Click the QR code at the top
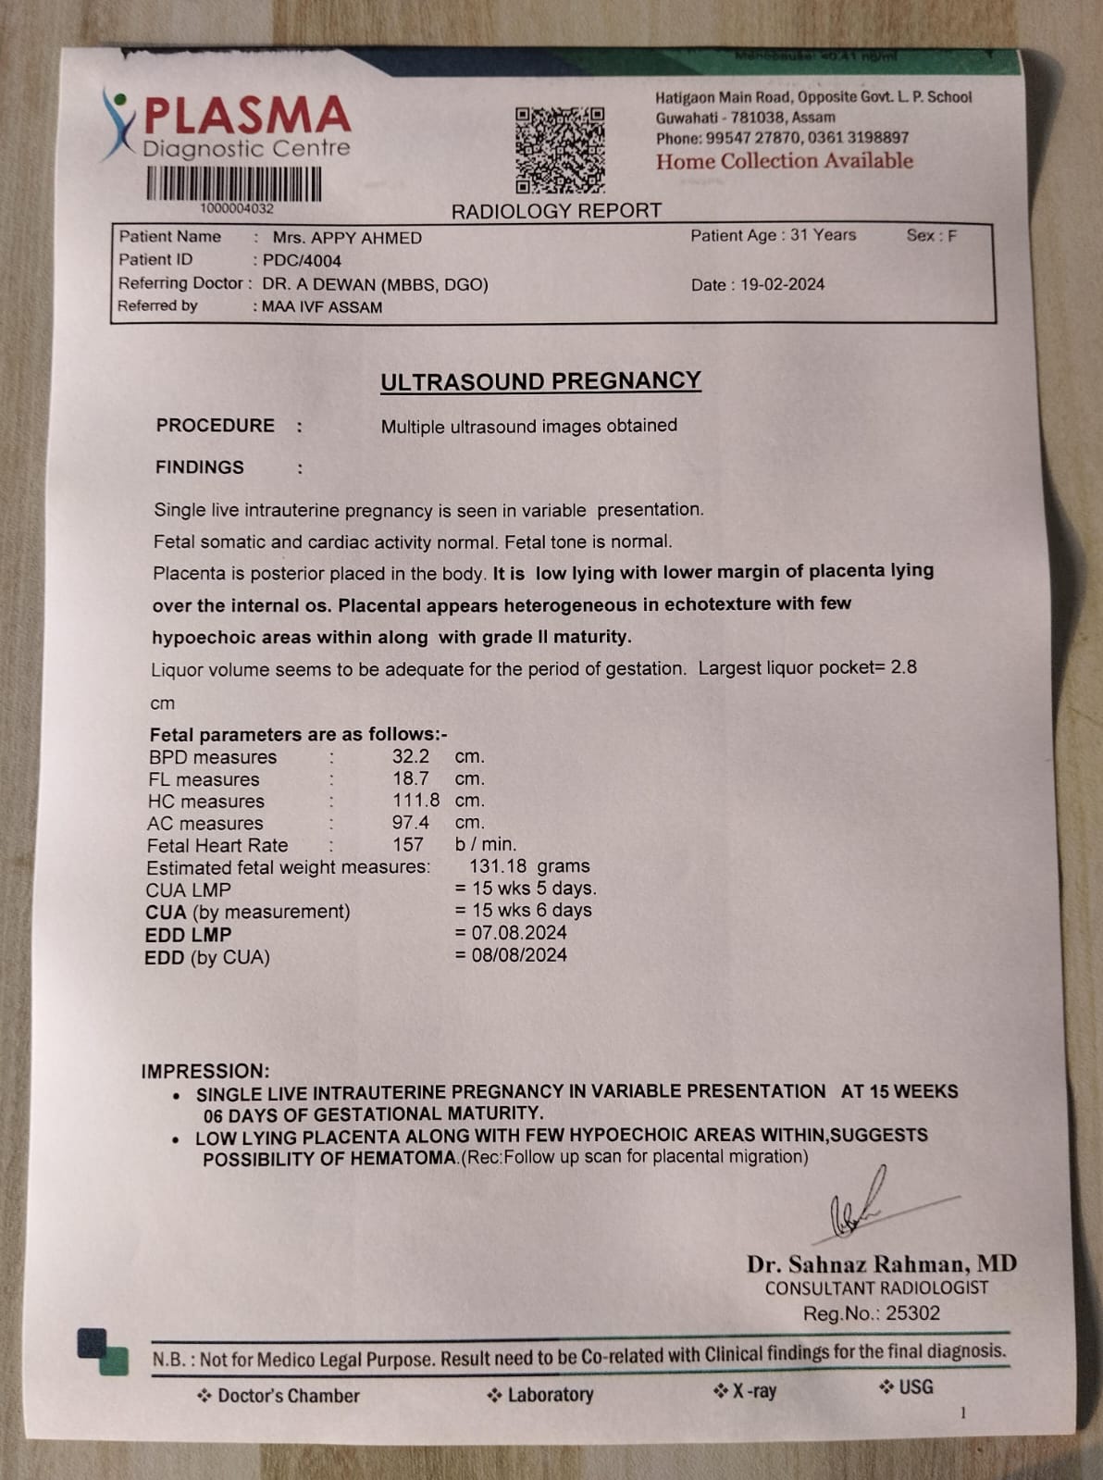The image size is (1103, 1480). tap(560, 149)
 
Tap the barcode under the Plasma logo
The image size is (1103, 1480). tap(234, 183)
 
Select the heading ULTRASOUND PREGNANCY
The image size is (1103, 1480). tap(540, 381)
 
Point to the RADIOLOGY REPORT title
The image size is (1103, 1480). tap(556, 211)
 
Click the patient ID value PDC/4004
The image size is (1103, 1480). tap(302, 261)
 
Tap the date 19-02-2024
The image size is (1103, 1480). tap(782, 285)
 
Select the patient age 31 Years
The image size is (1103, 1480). tap(823, 235)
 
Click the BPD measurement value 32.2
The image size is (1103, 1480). tap(410, 756)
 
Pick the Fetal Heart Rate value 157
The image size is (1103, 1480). tap(407, 845)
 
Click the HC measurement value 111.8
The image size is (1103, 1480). tap(415, 801)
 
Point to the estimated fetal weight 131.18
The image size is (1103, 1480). tap(498, 866)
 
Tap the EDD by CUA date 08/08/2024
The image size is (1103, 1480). tap(519, 955)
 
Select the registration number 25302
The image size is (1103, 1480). tap(912, 1313)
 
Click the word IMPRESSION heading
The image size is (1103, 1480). tap(204, 1071)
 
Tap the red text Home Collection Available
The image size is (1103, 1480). tap(784, 161)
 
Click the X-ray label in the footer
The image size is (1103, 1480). tap(753, 1391)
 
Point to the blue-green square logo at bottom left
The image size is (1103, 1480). tap(102, 1351)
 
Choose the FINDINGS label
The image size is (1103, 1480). tap(200, 467)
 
